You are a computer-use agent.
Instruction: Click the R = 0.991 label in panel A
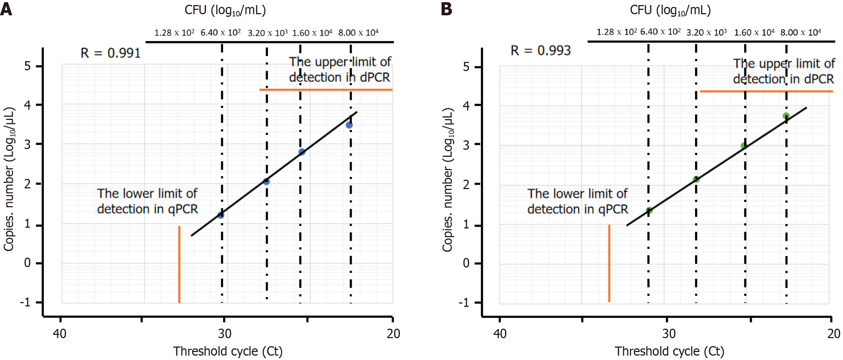click(x=110, y=53)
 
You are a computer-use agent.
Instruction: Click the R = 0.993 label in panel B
click(x=540, y=51)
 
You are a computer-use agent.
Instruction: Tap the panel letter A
click(x=6, y=9)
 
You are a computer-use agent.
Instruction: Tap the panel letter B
click(x=446, y=9)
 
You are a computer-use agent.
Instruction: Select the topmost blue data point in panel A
click(x=349, y=125)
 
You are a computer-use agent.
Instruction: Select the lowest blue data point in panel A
click(x=221, y=215)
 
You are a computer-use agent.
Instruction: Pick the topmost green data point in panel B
click(x=786, y=116)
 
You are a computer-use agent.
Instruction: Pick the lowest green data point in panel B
click(x=649, y=210)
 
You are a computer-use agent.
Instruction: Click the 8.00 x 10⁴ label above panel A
click(x=358, y=33)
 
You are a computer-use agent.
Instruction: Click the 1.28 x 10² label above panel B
click(x=616, y=32)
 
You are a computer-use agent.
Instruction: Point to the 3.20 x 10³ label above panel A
click(x=268, y=33)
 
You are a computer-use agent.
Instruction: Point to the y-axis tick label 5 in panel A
click(x=28, y=66)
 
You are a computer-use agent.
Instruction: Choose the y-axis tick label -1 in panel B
click(x=464, y=302)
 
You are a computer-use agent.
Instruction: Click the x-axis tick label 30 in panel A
click(x=225, y=333)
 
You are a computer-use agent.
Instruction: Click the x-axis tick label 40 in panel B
click(x=500, y=333)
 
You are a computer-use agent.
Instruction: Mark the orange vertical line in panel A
click(x=179, y=264)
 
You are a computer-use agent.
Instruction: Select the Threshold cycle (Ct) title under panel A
click(x=228, y=351)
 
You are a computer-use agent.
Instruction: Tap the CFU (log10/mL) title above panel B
click(x=670, y=10)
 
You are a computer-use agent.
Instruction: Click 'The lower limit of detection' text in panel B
click(x=578, y=201)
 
